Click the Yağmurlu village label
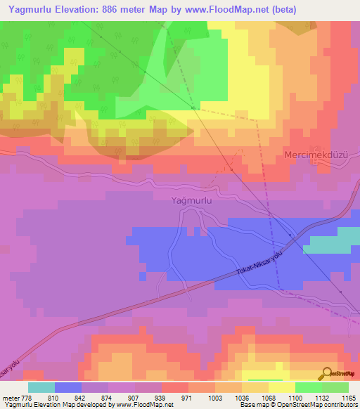pyautogui.click(x=192, y=200)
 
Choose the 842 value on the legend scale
pyautogui.click(x=80, y=396)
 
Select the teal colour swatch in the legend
pyautogui.click(x=41, y=387)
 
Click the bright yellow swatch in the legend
pyautogui.click(x=281, y=387)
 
